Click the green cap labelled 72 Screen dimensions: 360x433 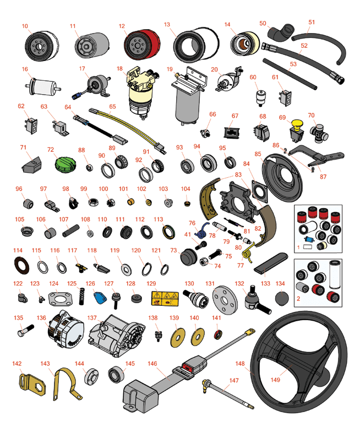(65, 165)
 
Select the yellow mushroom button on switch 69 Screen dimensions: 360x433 (297, 123)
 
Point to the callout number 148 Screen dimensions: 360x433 (240, 364)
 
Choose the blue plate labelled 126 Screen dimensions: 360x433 (100, 297)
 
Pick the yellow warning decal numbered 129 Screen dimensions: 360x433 (165, 298)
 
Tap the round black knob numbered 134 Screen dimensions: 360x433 (282, 298)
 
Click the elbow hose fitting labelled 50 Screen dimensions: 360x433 (280, 32)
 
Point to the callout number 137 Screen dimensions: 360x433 (92, 318)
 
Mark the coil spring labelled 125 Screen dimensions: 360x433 (81, 297)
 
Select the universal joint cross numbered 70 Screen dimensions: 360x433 (319, 133)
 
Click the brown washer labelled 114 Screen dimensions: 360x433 (21, 266)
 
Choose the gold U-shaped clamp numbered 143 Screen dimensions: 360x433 (66, 384)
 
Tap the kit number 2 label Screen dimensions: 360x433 (298, 299)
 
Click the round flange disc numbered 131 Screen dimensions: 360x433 (225, 300)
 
